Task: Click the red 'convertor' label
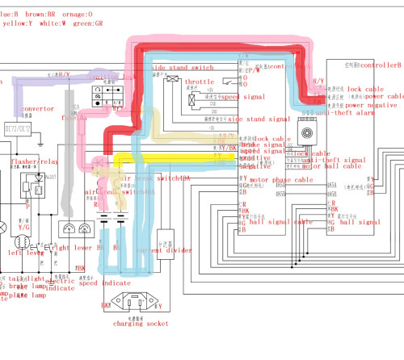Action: coord(38,108)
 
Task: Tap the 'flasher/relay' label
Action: coord(32,161)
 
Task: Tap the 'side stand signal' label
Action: coord(259,119)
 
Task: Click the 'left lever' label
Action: coord(25,252)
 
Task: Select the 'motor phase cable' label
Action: coord(282,180)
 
